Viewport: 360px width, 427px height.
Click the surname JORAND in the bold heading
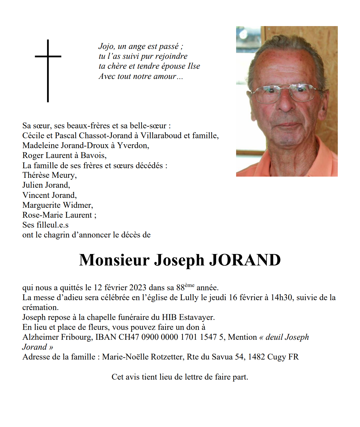coord(244,260)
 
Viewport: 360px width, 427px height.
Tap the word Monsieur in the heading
coord(114,260)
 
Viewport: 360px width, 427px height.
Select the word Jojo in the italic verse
coord(106,46)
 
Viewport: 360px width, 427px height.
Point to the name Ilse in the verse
coord(194,66)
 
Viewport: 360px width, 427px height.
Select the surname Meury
coord(65,175)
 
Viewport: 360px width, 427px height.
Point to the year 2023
coord(138,288)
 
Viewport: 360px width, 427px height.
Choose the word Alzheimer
coord(41,337)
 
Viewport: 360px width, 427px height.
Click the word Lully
coord(189,297)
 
